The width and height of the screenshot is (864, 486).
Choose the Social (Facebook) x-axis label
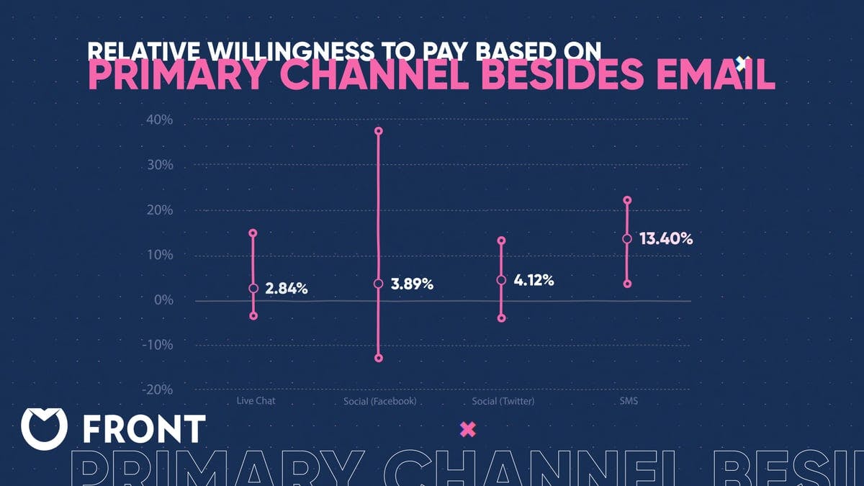pos(379,401)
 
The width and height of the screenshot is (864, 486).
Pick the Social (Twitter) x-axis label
pos(503,401)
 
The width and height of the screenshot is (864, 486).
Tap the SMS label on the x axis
pos(627,401)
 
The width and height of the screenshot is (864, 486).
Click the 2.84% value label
pos(287,289)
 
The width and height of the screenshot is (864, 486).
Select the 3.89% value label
pos(412,284)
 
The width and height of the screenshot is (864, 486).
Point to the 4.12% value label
pos(534,280)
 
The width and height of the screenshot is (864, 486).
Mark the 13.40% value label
pos(666,239)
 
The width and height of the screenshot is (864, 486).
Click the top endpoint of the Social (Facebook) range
pos(379,131)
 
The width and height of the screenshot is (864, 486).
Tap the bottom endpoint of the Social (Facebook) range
pos(379,358)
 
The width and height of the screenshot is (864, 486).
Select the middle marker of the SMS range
pos(627,239)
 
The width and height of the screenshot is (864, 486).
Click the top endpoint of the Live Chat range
pos(253,233)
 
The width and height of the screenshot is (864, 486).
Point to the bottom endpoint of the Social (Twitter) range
pos(502,318)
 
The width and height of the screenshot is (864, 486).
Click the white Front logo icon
pos(45,428)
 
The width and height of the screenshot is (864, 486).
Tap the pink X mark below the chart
pos(468,430)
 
